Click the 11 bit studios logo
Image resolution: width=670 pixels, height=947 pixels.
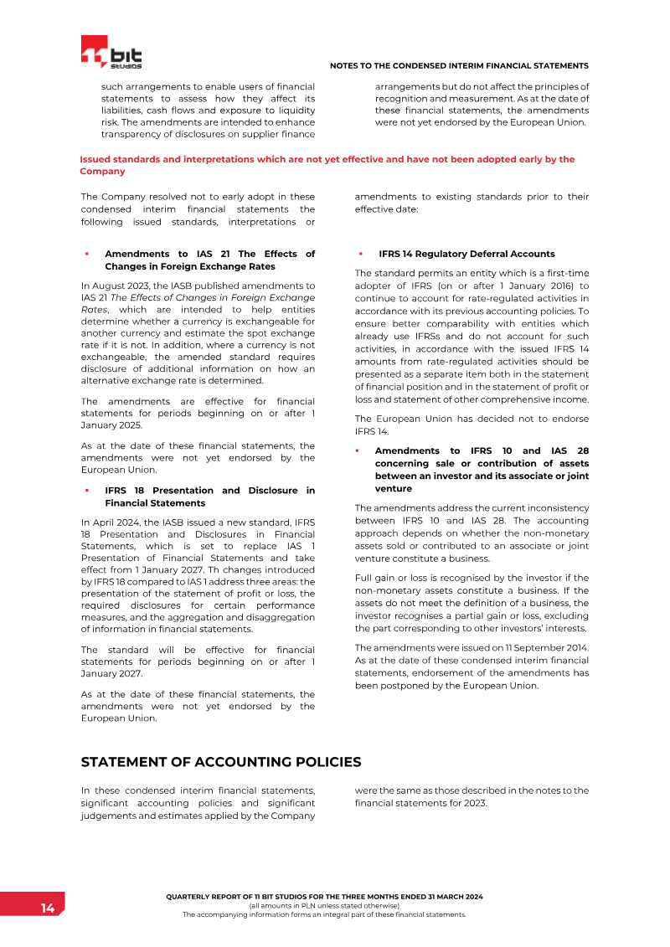click(111, 52)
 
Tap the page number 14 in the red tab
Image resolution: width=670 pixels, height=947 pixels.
click(48, 908)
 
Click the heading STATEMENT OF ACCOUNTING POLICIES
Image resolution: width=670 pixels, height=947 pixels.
click(221, 762)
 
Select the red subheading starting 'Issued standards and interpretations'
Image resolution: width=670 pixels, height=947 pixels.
click(327, 165)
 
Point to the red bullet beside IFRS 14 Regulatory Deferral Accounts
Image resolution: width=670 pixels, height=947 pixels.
click(360, 254)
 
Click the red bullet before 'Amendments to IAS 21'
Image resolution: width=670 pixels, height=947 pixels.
click(86, 254)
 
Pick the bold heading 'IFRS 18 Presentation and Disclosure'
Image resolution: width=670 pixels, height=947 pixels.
click(209, 497)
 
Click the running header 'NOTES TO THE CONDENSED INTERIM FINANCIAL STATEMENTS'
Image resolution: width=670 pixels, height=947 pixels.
click(459, 65)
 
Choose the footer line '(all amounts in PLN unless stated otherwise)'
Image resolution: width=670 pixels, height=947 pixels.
click(325, 906)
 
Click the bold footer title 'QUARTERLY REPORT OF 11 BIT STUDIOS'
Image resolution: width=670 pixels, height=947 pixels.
click(325, 897)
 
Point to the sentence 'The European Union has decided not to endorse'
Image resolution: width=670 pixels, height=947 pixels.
click(472, 419)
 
